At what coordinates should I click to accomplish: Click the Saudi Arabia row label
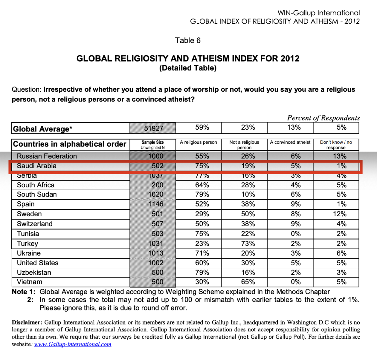(37, 166)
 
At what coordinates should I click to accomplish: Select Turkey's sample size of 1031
(156, 244)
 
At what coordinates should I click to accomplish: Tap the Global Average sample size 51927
(154, 128)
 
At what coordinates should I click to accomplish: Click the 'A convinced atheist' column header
(290, 142)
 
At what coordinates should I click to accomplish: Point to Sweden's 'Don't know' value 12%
(340, 214)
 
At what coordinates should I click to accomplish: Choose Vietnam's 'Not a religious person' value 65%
(248, 282)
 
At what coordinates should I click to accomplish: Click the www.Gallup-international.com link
(73, 344)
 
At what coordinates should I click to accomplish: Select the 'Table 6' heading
(188, 40)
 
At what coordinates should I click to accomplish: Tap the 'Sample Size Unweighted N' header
(153, 145)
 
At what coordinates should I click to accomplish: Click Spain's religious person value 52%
(202, 204)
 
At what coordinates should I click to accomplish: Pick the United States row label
(38, 263)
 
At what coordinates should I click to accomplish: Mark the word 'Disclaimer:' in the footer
(27, 322)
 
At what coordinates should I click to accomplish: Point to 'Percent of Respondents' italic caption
(323, 118)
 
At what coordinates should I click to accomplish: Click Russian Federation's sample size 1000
(156, 156)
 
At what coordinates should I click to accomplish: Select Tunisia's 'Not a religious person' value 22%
(248, 234)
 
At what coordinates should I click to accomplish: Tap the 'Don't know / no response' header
(336, 145)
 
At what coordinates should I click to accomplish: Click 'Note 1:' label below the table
(24, 292)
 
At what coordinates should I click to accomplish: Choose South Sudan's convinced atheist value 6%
(296, 195)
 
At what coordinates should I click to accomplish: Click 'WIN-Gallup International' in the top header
(319, 13)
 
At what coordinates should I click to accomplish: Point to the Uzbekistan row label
(34, 272)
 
